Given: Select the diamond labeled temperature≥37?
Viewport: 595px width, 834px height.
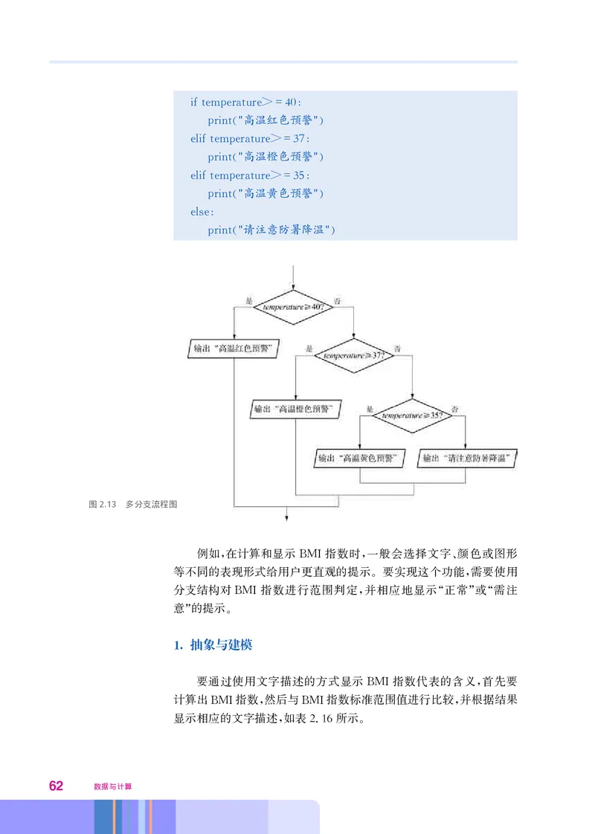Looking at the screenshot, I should pyautogui.click(x=354, y=355).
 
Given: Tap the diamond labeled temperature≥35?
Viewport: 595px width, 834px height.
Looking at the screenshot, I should pyautogui.click(x=412, y=416).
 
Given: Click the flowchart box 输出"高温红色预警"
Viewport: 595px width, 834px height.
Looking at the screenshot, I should pyautogui.click(x=232, y=349).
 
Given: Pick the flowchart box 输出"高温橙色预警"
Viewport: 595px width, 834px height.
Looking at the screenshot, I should pyautogui.click(x=295, y=409).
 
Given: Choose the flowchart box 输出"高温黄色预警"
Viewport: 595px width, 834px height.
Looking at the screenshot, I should pyautogui.click(x=360, y=459).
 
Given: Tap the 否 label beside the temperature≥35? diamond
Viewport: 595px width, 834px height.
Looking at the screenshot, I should pyautogui.click(x=454, y=409).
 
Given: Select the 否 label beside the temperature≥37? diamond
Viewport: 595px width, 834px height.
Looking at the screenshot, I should pyautogui.click(x=397, y=349).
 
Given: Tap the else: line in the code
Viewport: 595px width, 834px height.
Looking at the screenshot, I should pyautogui.click(x=201, y=211).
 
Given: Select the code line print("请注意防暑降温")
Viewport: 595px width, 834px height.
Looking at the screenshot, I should pyautogui.click(x=271, y=230).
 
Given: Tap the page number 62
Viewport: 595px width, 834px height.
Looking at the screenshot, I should pyautogui.click(x=57, y=785).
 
